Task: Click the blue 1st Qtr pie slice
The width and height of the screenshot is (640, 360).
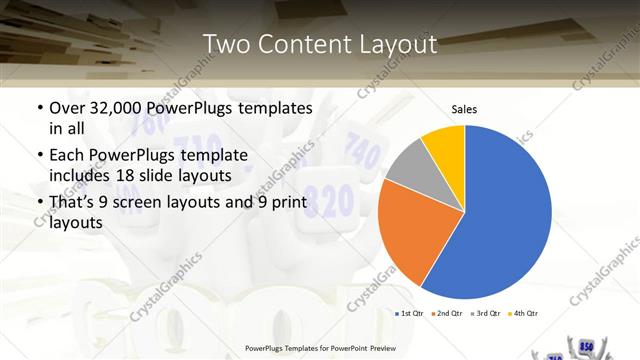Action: point(505,215)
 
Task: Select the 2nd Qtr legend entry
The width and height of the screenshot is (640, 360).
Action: point(446,314)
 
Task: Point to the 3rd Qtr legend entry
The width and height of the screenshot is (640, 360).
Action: point(486,314)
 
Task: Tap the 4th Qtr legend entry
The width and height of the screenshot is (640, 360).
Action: point(525,314)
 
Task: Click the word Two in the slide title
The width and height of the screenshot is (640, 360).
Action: point(227,45)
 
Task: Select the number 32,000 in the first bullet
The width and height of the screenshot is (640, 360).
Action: point(116,107)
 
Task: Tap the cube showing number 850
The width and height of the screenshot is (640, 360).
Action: point(585,346)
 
